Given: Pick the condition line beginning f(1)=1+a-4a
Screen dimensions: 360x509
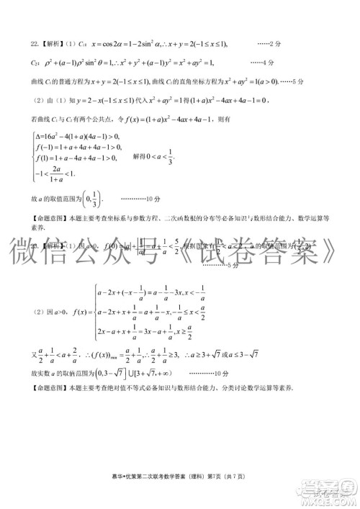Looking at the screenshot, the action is [76, 158].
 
